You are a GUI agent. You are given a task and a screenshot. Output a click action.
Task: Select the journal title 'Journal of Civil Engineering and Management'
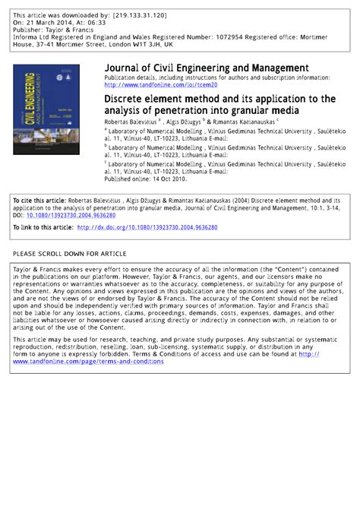coord(206,68)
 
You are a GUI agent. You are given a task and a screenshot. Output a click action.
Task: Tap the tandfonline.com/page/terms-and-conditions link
coord(87,361)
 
